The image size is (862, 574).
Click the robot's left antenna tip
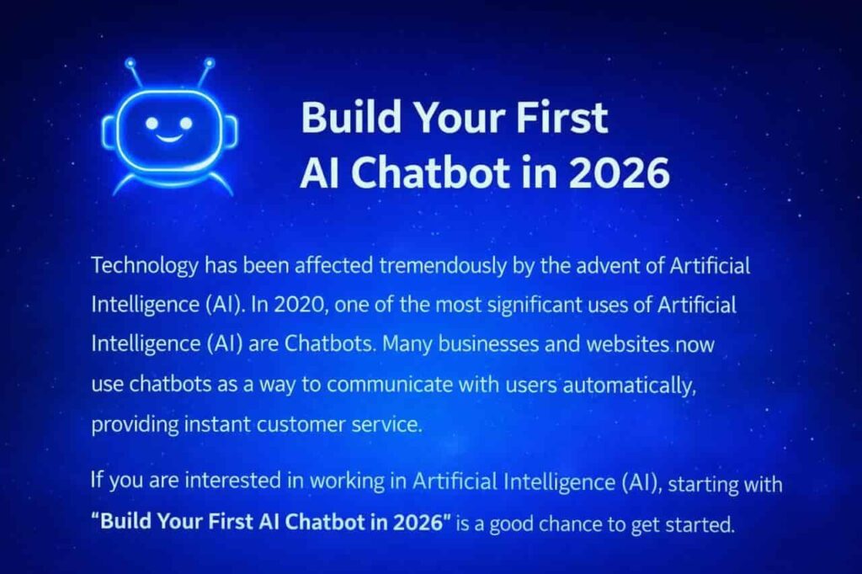pos(130,63)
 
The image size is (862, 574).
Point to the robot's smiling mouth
pos(168,136)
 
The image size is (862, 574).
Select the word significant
pos(529,305)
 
